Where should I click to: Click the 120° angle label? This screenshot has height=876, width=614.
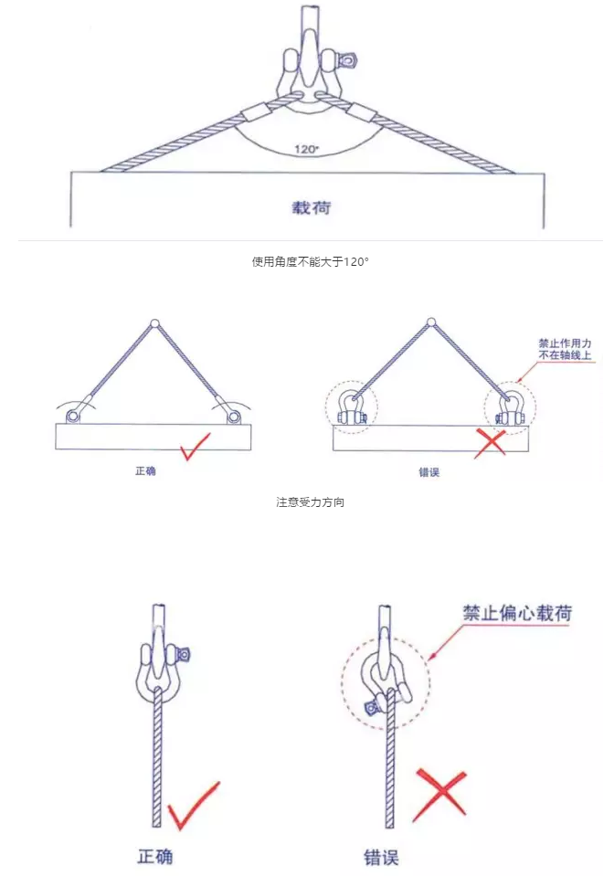(x=306, y=148)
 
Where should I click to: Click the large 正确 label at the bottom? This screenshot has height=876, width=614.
(x=155, y=857)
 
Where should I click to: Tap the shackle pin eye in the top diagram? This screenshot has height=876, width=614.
(x=348, y=61)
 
